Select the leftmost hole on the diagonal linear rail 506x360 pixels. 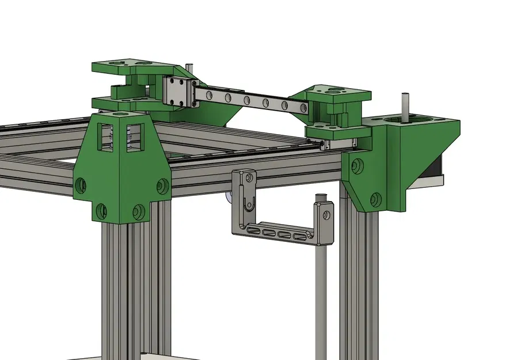(208, 93)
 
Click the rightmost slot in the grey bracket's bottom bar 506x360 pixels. (299, 236)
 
